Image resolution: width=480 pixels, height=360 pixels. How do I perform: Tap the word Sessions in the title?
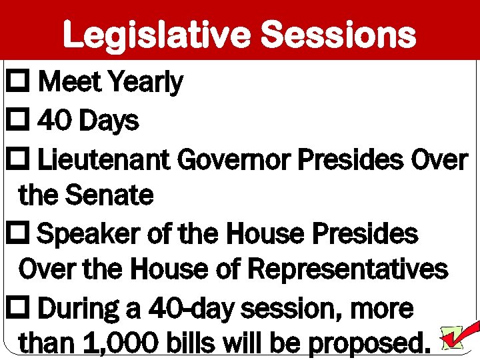[x=338, y=35]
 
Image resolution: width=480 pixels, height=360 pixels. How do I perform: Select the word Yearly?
[x=145, y=83]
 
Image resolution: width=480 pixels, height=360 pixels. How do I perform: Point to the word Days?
[x=108, y=121]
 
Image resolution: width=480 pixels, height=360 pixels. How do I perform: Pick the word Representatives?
[x=348, y=269]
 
